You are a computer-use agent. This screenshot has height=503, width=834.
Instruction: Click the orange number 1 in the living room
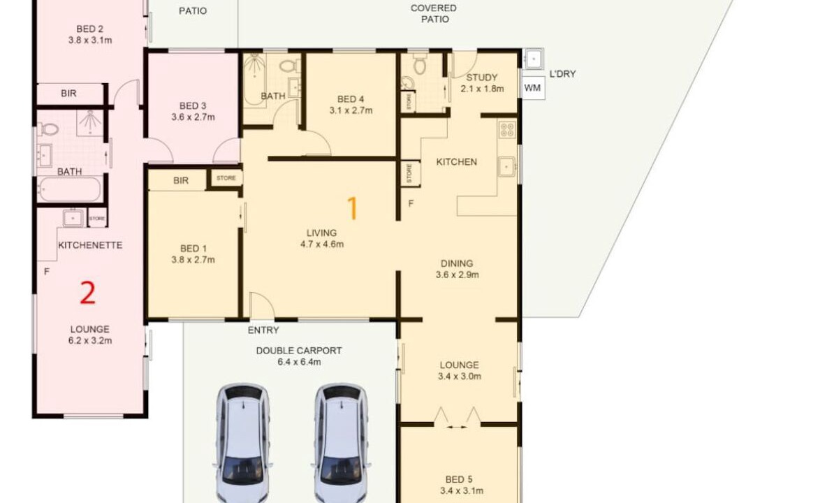[352, 208]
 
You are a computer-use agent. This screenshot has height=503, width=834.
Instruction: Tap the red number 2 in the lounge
[88, 293]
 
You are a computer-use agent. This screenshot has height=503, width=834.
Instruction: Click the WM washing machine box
[532, 88]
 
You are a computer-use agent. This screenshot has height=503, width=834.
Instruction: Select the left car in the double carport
[242, 442]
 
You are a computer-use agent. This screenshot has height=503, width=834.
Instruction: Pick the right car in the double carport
[340, 442]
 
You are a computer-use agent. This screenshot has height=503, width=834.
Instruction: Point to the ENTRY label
[263, 330]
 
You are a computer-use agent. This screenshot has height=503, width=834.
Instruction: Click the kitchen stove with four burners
[507, 130]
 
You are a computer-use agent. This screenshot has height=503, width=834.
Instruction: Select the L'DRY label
[562, 74]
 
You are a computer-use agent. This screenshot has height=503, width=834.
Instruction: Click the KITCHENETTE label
[90, 245]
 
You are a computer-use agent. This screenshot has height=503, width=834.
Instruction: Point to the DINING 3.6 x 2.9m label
[457, 269]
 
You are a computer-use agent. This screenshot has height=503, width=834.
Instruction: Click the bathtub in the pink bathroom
[70, 189]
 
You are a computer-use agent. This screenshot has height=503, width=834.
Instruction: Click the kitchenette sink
[73, 218]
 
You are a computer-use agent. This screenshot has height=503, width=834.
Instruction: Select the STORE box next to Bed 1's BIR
[226, 178]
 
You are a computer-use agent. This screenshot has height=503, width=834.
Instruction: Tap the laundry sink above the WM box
[532, 59]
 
